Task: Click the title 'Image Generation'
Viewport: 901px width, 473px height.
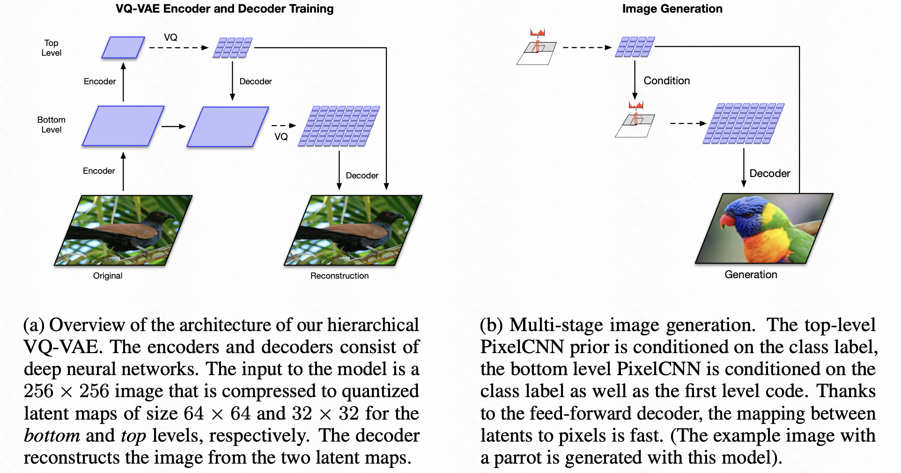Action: click(672, 9)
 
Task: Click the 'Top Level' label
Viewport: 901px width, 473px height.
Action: click(52, 48)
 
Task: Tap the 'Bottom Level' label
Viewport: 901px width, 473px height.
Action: click(52, 125)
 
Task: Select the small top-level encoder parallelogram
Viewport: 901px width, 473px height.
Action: click(123, 48)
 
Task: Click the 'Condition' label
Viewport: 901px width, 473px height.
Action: click(666, 81)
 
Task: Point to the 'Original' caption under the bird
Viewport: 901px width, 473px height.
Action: click(108, 276)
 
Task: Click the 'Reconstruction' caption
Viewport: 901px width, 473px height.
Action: click(340, 276)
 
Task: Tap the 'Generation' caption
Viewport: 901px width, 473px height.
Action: click(751, 274)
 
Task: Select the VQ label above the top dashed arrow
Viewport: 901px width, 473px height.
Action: click(170, 37)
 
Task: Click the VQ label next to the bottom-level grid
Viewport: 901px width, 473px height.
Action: click(281, 137)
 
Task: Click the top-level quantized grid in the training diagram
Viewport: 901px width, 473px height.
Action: click(233, 48)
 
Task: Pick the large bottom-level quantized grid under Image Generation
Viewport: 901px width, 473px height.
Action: click(744, 124)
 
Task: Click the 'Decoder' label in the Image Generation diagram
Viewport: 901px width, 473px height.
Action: click(769, 174)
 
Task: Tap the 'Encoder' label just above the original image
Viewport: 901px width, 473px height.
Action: click(99, 171)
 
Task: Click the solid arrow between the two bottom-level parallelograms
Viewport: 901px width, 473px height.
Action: click(174, 126)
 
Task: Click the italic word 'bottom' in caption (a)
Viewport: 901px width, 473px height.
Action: click(52, 436)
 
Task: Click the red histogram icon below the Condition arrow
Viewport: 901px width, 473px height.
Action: click(636, 105)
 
